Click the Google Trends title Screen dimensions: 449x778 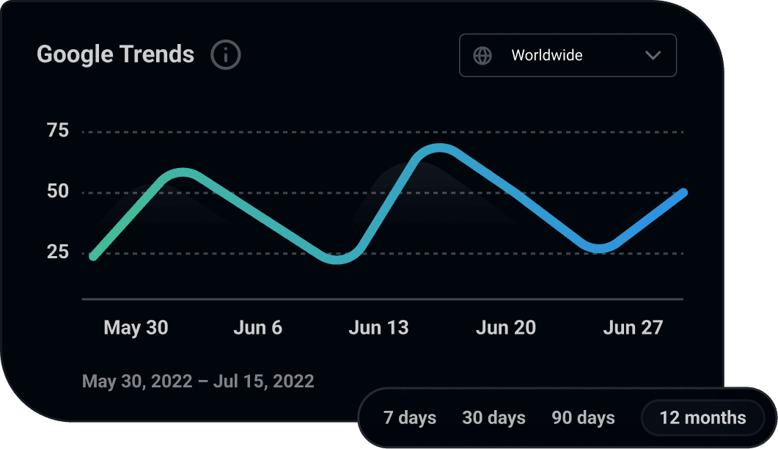(x=115, y=54)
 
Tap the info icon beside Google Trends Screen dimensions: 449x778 (x=226, y=55)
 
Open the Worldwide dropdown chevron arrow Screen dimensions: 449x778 (x=653, y=56)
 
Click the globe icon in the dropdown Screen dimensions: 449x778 (x=482, y=56)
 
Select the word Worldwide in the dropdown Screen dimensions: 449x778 (x=547, y=56)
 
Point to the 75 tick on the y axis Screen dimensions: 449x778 (x=57, y=131)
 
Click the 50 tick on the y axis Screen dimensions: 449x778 (x=57, y=192)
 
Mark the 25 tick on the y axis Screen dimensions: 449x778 (x=57, y=253)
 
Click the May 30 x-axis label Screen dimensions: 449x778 (x=136, y=328)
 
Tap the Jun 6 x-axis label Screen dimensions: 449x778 (x=257, y=328)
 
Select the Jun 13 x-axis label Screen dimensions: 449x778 (x=378, y=328)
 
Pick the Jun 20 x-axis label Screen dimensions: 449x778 (x=506, y=328)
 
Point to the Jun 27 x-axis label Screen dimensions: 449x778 (x=633, y=328)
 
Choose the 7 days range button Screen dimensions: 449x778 (x=410, y=418)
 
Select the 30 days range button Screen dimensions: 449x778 (x=493, y=418)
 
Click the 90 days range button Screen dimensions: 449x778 (x=583, y=418)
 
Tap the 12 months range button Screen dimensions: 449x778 (x=702, y=418)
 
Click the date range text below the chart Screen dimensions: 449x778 (x=198, y=382)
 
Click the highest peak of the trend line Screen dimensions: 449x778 (x=438, y=149)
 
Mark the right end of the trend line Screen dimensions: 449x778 (x=683, y=193)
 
